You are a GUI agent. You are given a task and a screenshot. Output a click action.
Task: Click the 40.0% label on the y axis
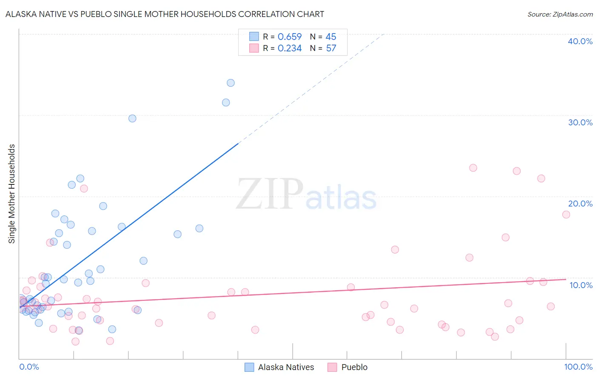(x=580, y=41)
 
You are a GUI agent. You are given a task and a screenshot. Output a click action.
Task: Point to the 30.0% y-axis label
(x=580, y=122)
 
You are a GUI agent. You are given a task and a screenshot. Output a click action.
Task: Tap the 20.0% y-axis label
(x=580, y=204)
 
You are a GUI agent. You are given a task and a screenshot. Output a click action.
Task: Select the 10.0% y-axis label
(x=581, y=285)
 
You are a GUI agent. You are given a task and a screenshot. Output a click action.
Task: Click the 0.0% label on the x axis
(x=29, y=367)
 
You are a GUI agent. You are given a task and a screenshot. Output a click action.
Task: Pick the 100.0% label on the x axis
(x=578, y=367)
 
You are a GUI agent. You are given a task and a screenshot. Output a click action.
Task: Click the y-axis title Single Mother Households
(x=12, y=194)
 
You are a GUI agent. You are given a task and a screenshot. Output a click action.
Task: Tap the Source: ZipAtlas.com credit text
(x=560, y=14)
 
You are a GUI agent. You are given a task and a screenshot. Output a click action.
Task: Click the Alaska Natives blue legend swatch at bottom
(x=249, y=367)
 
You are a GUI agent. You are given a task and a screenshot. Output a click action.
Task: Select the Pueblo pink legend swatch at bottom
(x=332, y=367)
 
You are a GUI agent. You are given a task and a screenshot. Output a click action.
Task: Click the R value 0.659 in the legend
(x=289, y=37)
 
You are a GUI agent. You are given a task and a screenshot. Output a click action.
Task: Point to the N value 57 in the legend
(x=331, y=48)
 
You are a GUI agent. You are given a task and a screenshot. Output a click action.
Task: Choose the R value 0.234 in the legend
(x=289, y=48)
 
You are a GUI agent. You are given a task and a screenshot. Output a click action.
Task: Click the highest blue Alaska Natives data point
(x=231, y=83)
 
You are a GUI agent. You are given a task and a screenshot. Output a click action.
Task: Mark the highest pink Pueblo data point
(x=473, y=168)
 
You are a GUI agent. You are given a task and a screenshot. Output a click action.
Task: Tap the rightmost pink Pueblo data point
(x=566, y=215)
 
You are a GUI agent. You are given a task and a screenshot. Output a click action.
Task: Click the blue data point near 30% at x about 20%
(x=132, y=119)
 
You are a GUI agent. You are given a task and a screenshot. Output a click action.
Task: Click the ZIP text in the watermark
(x=270, y=194)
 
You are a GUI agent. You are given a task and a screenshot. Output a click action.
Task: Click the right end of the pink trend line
(x=566, y=279)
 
